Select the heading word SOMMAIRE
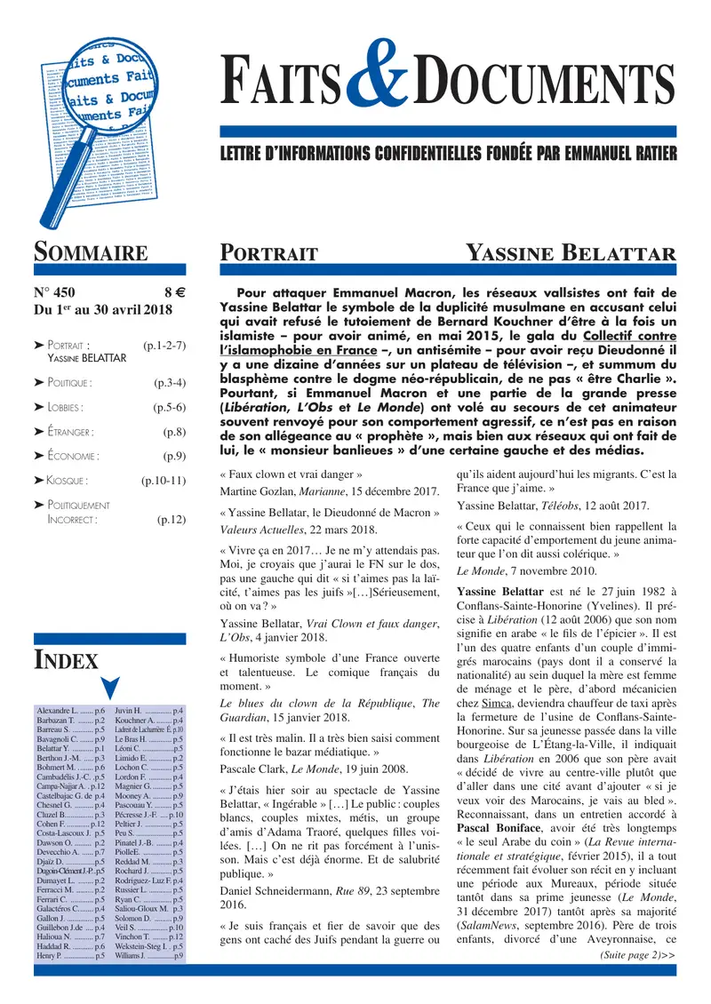[x=91, y=253]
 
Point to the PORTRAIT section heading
[x=269, y=254]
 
